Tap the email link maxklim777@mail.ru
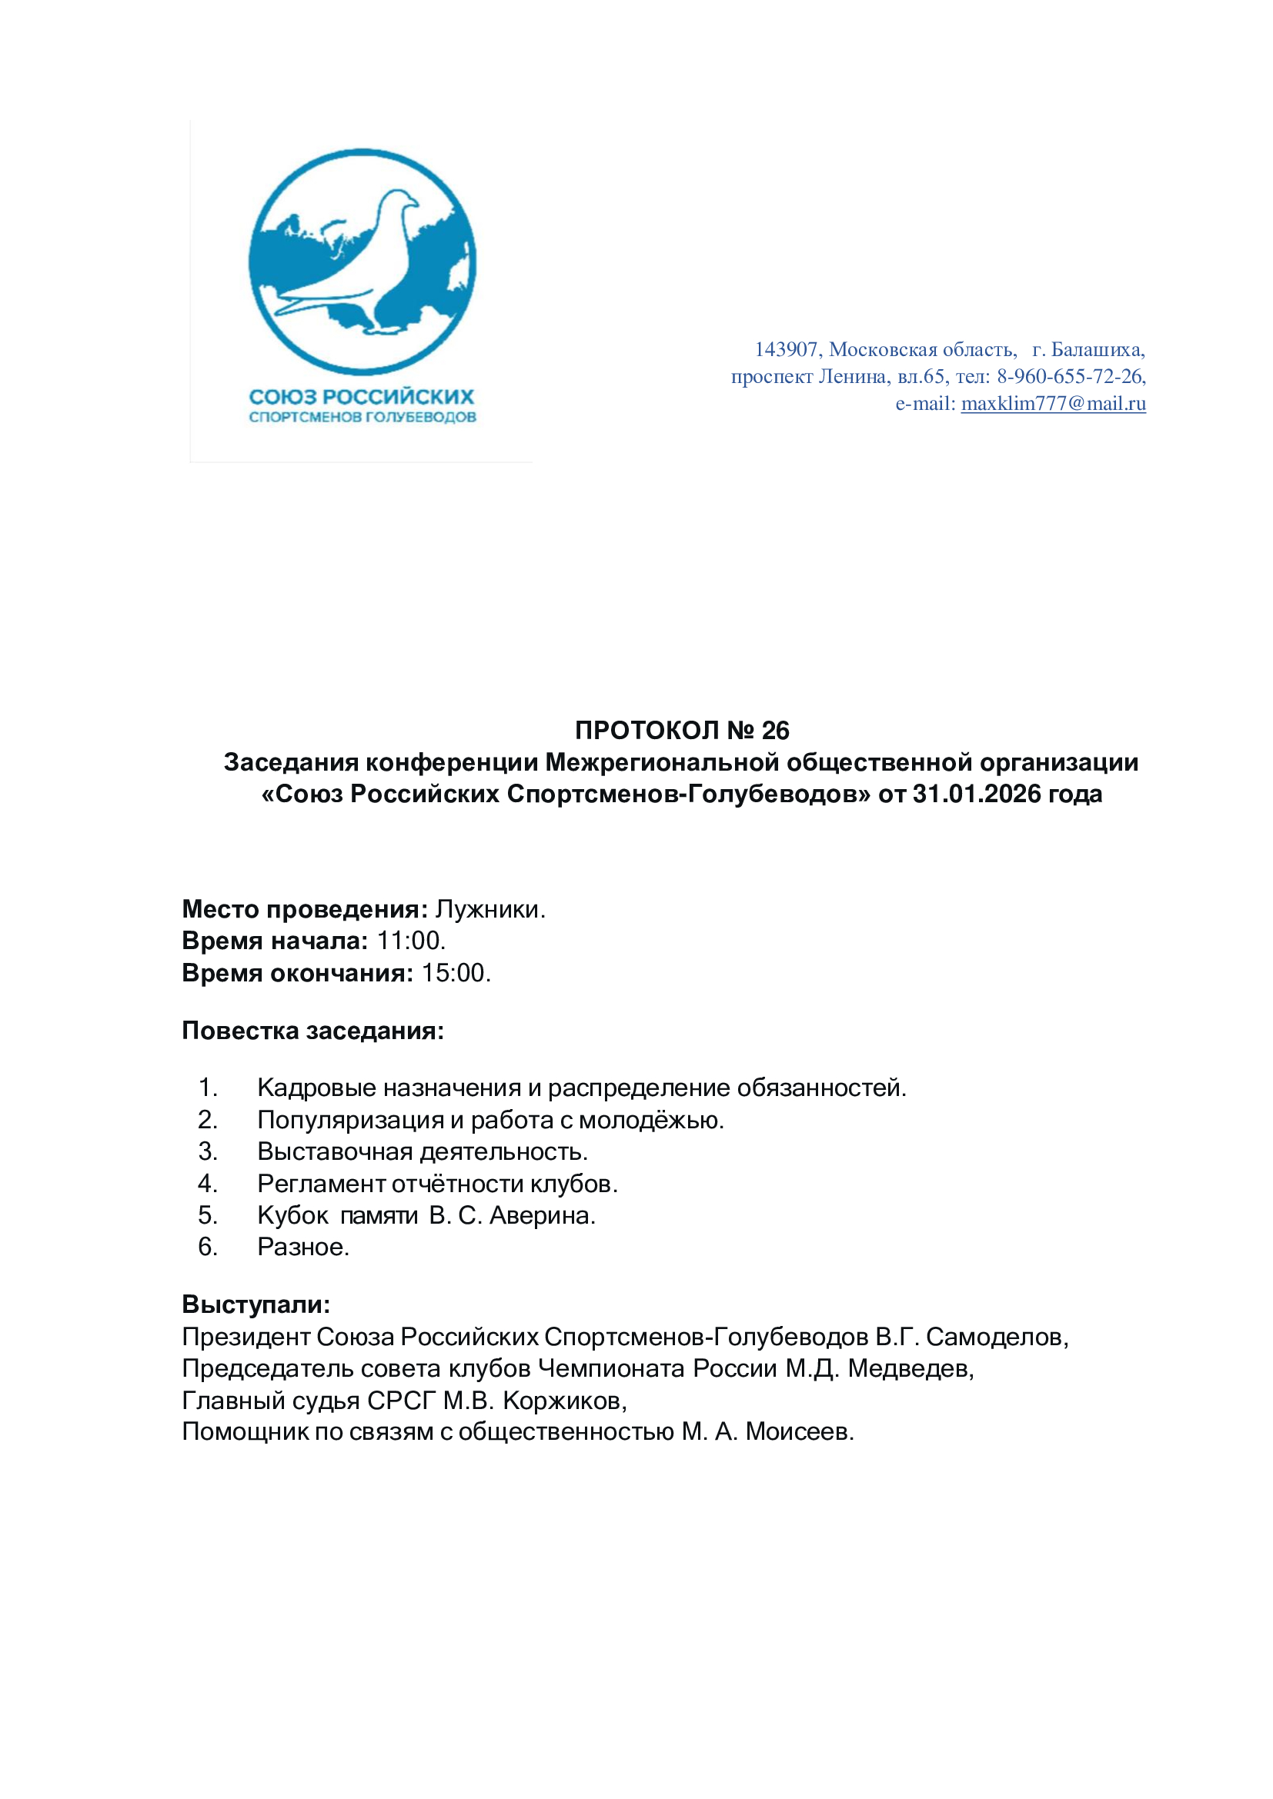pos(1053,404)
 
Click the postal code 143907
pos(787,349)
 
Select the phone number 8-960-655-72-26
pos(1071,377)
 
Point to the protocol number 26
pos(775,730)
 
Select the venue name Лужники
pos(490,909)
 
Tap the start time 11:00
pos(411,940)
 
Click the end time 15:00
pos(456,972)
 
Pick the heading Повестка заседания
pos(312,1031)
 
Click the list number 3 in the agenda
pos(208,1151)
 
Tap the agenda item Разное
pos(302,1247)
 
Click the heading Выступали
pos(256,1304)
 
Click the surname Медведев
pos(910,1368)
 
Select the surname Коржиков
pos(564,1400)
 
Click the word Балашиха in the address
pos(1098,349)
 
